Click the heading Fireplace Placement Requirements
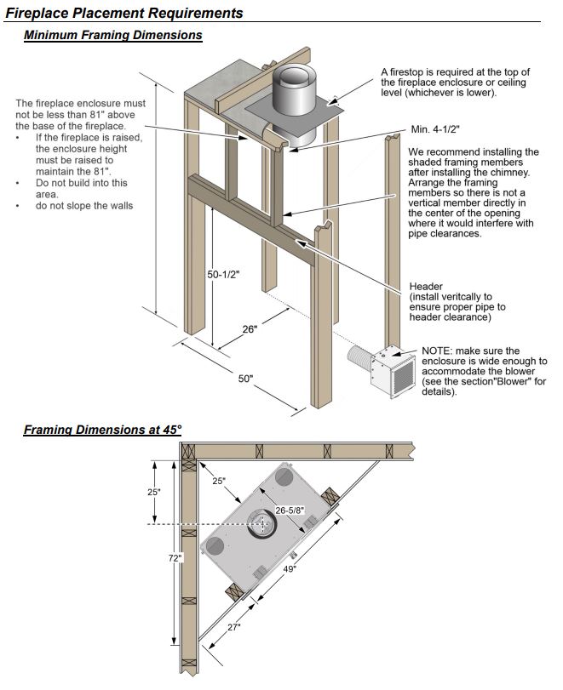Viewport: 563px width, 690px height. click(124, 13)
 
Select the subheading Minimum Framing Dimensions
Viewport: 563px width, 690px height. click(113, 36)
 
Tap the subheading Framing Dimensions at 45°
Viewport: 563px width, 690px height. click(103, 430)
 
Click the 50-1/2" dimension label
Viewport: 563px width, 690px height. click(224, 275)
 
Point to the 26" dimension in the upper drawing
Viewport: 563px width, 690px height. click(250, 329)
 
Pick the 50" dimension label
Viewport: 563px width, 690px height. click(245, 379)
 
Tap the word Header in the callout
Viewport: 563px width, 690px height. click(426, 286)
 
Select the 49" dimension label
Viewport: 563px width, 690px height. click(290, 568)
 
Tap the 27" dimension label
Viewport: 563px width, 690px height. click(233, 627)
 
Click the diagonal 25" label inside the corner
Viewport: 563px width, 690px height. click(219, 482)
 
